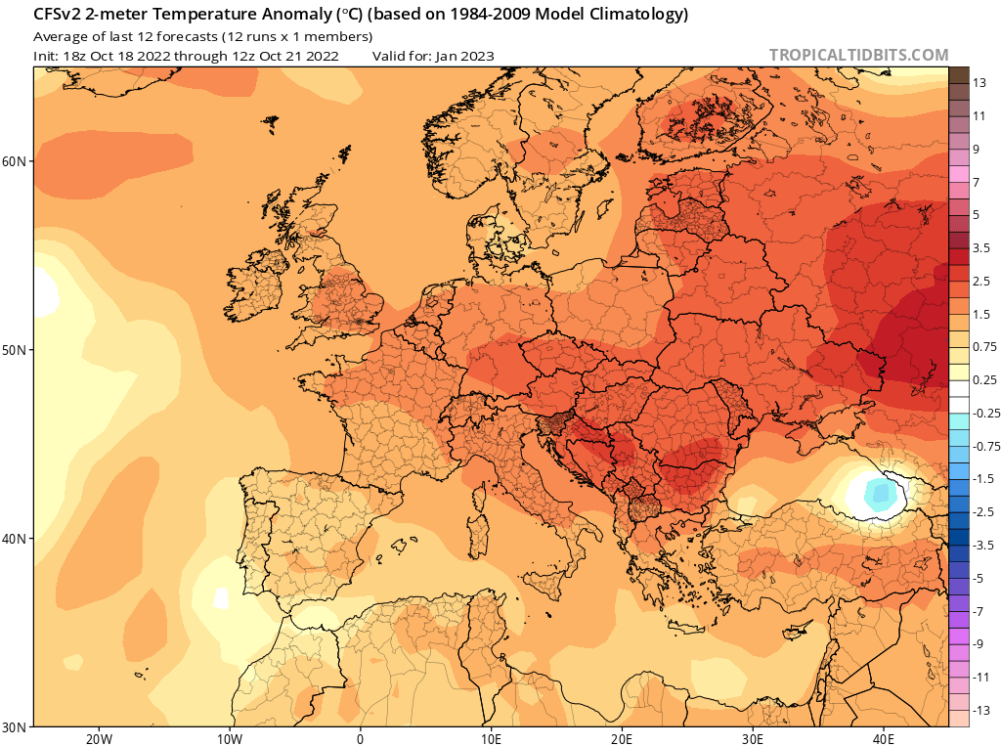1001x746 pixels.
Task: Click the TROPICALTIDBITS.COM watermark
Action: [x=858, y=56]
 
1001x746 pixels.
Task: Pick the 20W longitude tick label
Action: [x=99, y=739]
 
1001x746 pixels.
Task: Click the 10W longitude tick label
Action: [x=230, y=739]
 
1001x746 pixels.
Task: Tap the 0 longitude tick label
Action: [x=361, y=739]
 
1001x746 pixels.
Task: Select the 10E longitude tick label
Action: [x=492, y=739]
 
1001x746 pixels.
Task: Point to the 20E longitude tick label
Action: [x=623, y=739]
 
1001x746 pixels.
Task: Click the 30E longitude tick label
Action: [x=754, y=739]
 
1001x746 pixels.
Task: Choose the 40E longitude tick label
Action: [x=885, y=739]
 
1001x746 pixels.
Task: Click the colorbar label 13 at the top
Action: [x=979, y=83]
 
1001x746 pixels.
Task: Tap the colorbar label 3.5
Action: [x=982, y=248]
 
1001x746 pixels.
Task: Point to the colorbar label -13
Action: [x=981, y=710]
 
